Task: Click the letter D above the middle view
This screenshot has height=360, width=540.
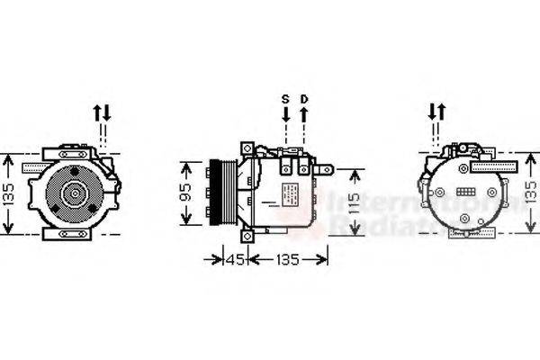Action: (304, 98)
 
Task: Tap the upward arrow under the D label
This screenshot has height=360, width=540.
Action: (304, 114)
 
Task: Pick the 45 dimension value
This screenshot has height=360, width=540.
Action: (233, 261)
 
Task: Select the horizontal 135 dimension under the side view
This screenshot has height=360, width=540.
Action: (287, 261)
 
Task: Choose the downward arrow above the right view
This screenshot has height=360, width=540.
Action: (433, 113)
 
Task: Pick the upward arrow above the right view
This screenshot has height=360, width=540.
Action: (442, 113)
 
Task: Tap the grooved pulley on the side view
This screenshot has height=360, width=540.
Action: (216, 193)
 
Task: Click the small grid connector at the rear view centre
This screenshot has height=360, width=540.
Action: (466, 193)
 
